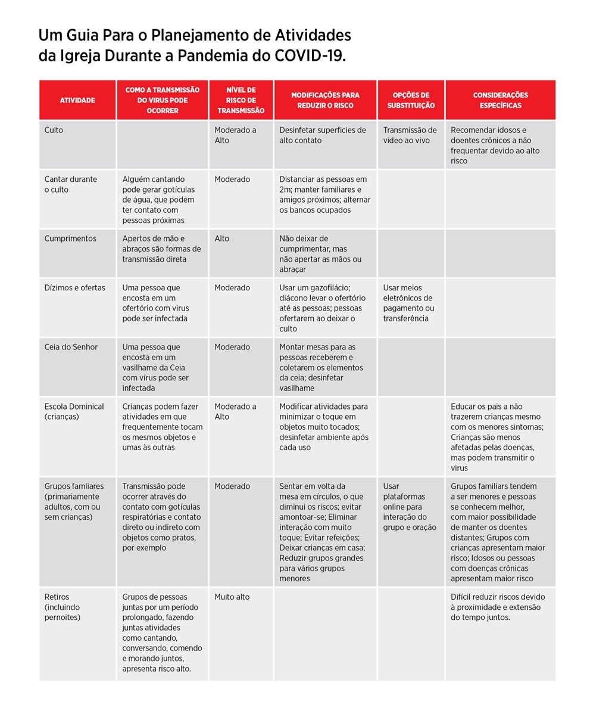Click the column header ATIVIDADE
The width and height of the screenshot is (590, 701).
(x=77, y=100)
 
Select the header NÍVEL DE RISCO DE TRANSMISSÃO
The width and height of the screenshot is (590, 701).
(x=241, y=100)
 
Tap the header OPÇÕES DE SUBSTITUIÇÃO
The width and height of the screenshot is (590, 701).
(x=411, y=100)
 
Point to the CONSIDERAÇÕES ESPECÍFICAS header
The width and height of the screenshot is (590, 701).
(x=500, y=100)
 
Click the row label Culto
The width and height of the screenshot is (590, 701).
(x=54, y=130)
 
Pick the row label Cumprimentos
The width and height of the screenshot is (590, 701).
(x=70, y=238)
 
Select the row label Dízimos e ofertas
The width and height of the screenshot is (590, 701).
(x=74, y=287)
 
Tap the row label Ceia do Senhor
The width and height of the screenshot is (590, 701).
(x=71, y=347)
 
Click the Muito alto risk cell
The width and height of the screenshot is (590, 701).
(x=232, y=597)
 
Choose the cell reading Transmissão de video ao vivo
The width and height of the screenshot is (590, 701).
(x=410, y=135)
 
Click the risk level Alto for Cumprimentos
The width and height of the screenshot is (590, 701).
(x=222, y=238)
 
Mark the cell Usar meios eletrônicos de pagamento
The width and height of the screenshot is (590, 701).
(x=408, y=303)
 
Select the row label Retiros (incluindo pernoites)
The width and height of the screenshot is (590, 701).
(x=63, y=607)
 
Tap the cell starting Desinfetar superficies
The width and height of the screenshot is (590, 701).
(x=323, y=135)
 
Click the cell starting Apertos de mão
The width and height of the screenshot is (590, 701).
(x=161, y=249)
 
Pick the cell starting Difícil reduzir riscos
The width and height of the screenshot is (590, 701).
(x=498, y=607)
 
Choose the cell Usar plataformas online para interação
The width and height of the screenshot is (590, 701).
(x=410, y=507)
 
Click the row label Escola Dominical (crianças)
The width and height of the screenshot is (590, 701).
(x=74, y=411)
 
